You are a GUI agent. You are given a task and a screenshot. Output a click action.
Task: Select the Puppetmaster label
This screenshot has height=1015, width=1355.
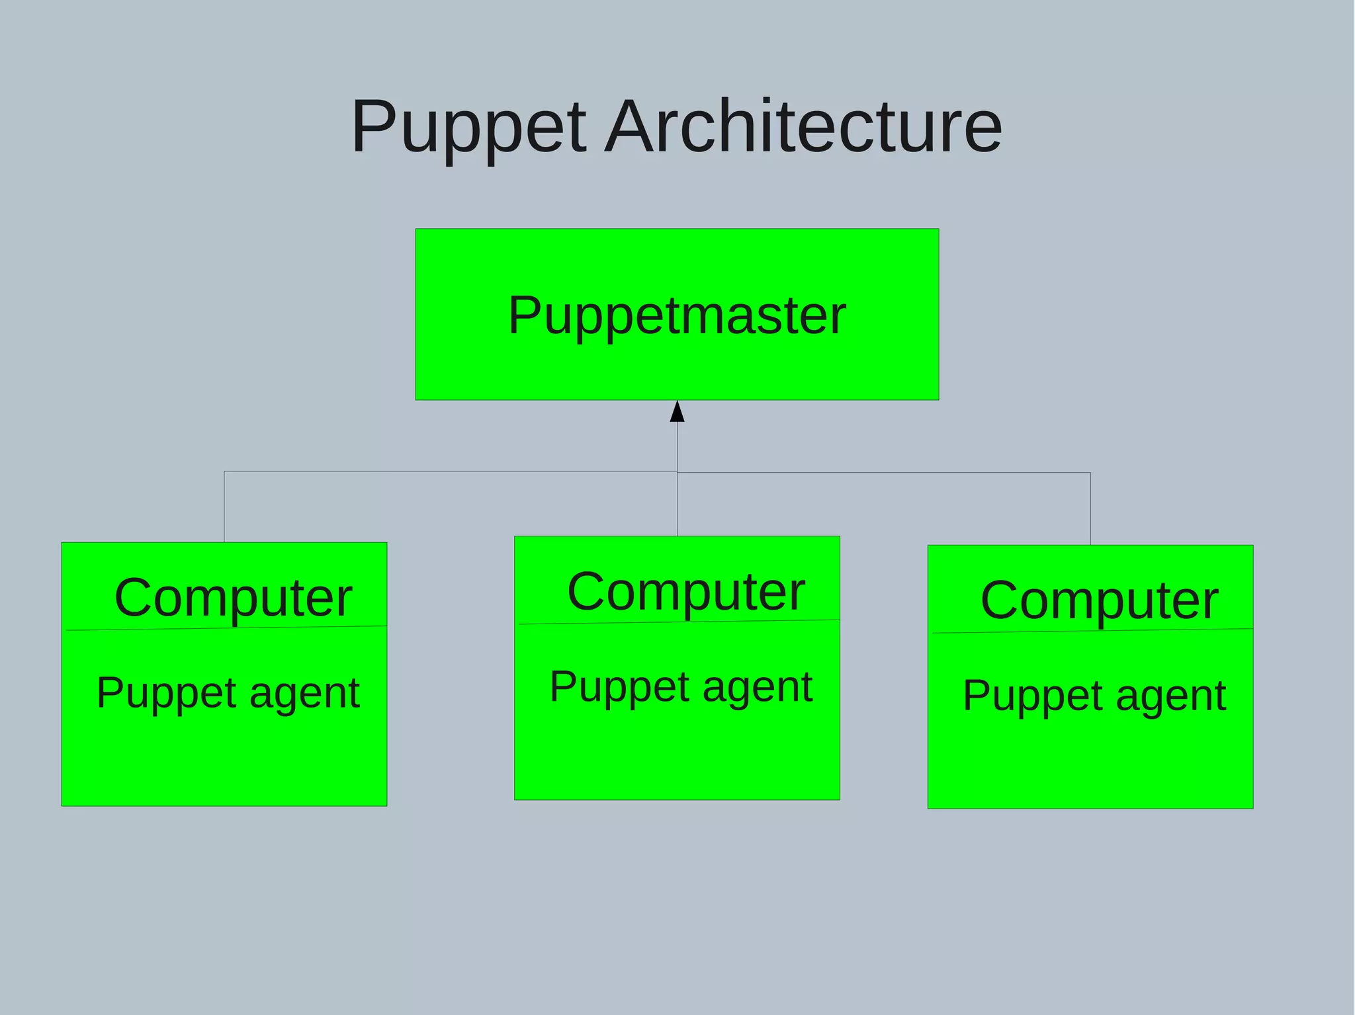coord(677,315)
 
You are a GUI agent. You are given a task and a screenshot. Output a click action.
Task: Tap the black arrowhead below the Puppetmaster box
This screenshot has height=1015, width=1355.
coord(677,412)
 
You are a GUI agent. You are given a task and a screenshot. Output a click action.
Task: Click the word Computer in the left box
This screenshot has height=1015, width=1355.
coord(233,597)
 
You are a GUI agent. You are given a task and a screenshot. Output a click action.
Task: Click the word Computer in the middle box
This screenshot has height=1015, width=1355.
coord(686,591)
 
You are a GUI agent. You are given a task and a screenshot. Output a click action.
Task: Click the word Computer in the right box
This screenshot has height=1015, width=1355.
coord(1099,600)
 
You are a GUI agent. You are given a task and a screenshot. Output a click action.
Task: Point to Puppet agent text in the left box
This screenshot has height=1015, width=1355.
coord(228,693)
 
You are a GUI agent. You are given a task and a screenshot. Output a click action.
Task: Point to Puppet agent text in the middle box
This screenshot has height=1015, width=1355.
coord(681,686)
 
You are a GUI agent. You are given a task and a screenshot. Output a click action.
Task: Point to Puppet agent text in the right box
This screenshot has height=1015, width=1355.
coord(1094,696)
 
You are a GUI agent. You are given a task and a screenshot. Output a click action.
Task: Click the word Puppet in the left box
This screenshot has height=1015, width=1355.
coord(166,694)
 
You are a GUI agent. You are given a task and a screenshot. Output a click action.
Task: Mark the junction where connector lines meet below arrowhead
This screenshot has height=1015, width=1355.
coord(677,472)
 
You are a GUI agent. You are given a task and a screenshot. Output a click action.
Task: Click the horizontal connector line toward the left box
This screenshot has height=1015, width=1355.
coord(450,471)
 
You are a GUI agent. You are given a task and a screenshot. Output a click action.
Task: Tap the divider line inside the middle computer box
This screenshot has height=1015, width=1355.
coord(679,622)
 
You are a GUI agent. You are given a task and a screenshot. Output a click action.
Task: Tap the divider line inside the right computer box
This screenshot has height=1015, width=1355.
coord(1092,631)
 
